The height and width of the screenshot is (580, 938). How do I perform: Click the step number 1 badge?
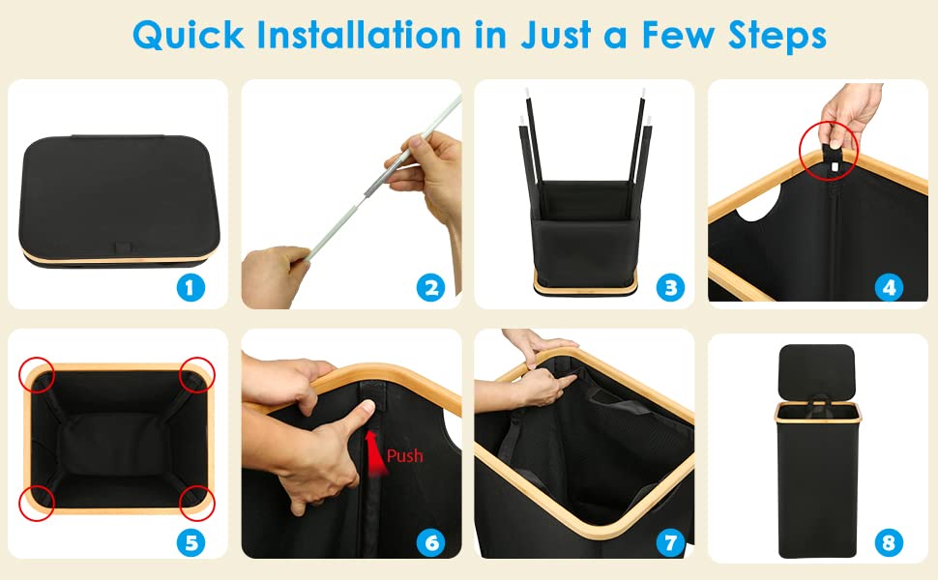191,288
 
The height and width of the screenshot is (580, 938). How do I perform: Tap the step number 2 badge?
430,288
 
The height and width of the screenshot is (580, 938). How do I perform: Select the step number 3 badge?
670,288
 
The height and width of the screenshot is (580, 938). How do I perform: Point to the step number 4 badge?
889,288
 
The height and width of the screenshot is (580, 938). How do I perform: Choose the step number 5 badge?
191,543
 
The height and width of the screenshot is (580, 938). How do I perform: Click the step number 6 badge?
430,543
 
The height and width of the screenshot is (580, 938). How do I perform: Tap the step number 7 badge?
670,543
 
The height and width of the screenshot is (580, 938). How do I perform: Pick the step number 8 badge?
889,543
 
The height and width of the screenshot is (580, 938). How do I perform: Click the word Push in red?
405,456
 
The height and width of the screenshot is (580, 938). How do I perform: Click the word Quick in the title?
188,36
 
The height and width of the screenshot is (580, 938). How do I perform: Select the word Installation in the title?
359,35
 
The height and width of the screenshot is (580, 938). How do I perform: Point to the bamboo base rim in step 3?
586,291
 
